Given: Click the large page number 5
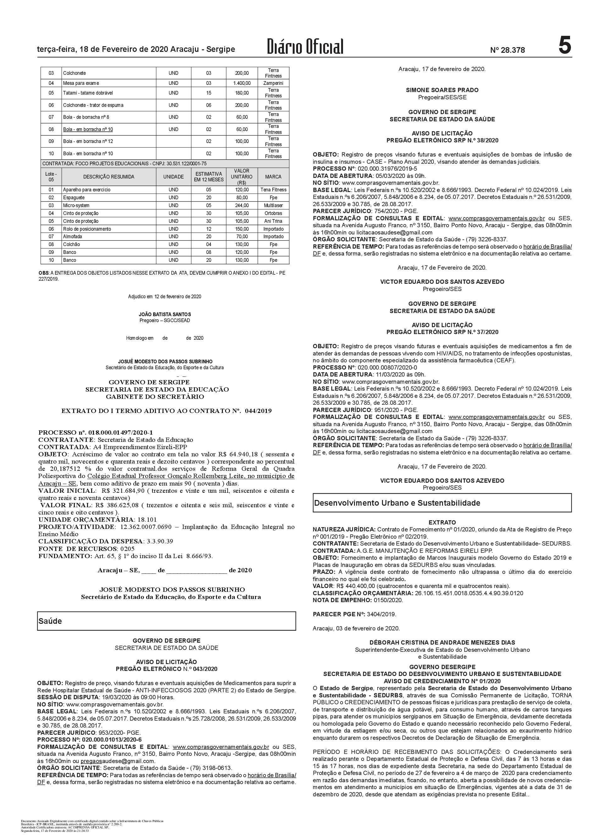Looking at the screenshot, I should [564, 47].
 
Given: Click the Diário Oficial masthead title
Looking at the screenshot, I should [305, 47].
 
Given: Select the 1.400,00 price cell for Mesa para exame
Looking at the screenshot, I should [241, 83].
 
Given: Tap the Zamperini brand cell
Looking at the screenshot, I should [273, 83].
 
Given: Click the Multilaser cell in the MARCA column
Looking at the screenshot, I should [273, 205].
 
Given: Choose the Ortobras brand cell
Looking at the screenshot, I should [273, 213].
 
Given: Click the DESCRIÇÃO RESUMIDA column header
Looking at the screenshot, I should [109, 177].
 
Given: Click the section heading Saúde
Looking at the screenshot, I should [51, 621].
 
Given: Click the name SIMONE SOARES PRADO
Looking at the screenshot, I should [442, 90].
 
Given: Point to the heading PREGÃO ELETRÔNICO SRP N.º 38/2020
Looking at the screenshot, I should [442, 140].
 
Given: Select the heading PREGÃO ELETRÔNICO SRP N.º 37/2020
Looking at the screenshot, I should [442, 332].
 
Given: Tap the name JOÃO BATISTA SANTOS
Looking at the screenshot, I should [165, 314].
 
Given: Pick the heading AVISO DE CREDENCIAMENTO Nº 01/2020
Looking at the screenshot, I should [442, 681].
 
